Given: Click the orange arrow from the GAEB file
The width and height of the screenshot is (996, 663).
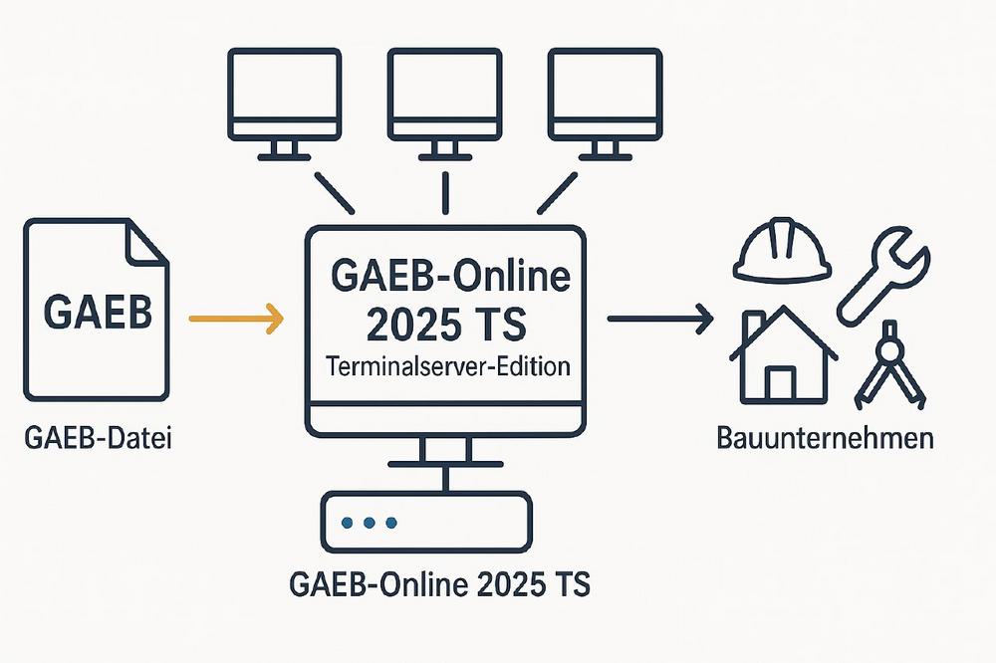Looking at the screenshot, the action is tap(236, 319).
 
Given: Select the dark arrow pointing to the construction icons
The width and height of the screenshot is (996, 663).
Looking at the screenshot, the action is tap(660, 318).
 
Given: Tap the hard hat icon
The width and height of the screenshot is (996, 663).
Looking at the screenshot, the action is tap(782, 249).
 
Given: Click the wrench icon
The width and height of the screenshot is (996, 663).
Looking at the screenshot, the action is tap(882, 277).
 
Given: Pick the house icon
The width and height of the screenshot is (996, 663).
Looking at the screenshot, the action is tap(783, 354).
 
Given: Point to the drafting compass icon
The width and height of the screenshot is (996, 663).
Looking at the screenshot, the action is tap(889, 365).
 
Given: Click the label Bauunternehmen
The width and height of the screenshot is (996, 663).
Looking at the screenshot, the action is tap(825, 439).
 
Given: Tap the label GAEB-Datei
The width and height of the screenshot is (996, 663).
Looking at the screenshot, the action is tap(98, 438).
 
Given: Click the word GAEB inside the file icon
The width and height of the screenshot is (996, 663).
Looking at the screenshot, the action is tap(98, 312).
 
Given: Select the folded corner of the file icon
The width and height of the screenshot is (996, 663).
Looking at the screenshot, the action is tap(146, 241).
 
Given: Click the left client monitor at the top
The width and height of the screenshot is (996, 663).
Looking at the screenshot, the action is tap(285, 104).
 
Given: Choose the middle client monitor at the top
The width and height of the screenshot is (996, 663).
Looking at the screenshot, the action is tap(444, 104).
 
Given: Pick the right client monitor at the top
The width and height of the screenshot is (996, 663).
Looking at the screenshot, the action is tap(606, 104).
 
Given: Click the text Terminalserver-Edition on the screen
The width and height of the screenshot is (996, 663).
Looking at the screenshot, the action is tap(447, 366).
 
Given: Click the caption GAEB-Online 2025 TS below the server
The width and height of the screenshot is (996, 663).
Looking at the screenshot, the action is tap(439, 583).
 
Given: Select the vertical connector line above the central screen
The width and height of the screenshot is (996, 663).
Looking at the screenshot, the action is tap(445, 192).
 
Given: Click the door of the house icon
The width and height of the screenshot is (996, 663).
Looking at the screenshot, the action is tap(779, 383).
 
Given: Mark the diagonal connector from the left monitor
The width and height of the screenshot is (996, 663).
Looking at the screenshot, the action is tap(334, 192).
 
